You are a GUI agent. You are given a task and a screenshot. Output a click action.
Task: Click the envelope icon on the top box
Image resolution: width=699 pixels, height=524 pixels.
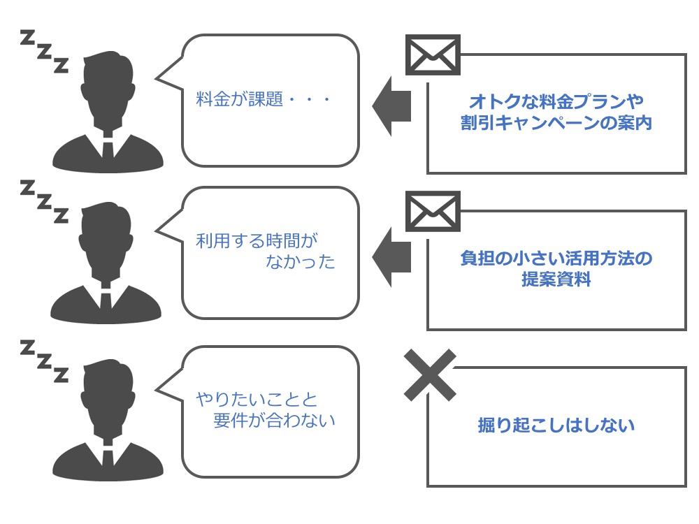(x=433, y=54)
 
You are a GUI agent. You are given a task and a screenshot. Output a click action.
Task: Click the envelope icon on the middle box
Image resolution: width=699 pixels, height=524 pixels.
(x=433, y=211)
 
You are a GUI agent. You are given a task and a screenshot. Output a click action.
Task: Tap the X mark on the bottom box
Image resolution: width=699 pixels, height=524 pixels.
(x=430, y=374)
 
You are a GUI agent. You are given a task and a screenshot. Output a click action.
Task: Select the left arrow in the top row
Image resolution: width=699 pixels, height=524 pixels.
(x=391, y=106)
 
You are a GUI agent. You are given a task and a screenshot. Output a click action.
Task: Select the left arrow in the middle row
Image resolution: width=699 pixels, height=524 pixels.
(x=391, y=257)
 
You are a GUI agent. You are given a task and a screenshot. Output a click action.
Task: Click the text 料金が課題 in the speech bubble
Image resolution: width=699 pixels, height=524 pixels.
(x=239, y=99)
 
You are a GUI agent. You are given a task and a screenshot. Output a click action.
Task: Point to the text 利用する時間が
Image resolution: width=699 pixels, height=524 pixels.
(x=257, y=241)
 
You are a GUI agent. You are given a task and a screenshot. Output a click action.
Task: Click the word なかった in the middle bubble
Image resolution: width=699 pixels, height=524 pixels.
(x=301, y=261)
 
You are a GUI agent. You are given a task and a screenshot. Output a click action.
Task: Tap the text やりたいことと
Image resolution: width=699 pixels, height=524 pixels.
(x=257, y=399)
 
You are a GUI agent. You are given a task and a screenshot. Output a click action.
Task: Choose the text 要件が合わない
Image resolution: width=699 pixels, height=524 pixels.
(x=274, y=420)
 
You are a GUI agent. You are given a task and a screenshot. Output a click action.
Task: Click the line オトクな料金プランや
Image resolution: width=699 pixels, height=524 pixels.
(x=556, y=101)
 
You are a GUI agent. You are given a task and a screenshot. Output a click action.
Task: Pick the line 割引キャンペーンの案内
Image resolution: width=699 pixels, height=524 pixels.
(x=556, y=122)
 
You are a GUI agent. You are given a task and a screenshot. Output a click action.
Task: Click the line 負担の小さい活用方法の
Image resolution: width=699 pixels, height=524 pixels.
(x=556, y=259)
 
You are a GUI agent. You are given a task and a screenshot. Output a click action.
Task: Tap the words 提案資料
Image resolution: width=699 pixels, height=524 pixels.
(x=556, y=279)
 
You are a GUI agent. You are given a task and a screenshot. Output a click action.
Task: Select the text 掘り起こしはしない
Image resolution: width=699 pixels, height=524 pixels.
(x=556, y=425)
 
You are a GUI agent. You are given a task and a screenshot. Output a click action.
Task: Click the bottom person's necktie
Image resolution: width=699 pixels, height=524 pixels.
(x=108, y=458)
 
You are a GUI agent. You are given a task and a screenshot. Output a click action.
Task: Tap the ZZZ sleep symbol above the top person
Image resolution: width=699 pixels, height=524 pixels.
(x=45, y=51)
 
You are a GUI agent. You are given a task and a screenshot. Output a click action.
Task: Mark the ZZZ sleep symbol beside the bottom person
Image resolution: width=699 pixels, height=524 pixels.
(x=45, y=361)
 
